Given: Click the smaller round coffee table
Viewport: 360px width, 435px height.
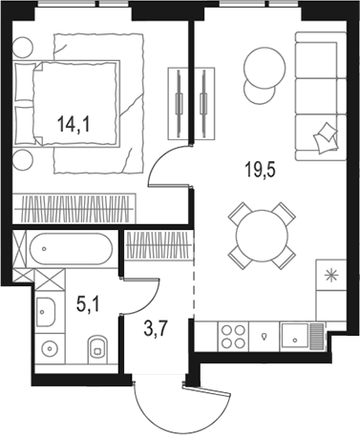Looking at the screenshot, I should [258, 93].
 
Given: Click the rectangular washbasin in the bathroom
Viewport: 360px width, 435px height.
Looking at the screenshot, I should [46, 309].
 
